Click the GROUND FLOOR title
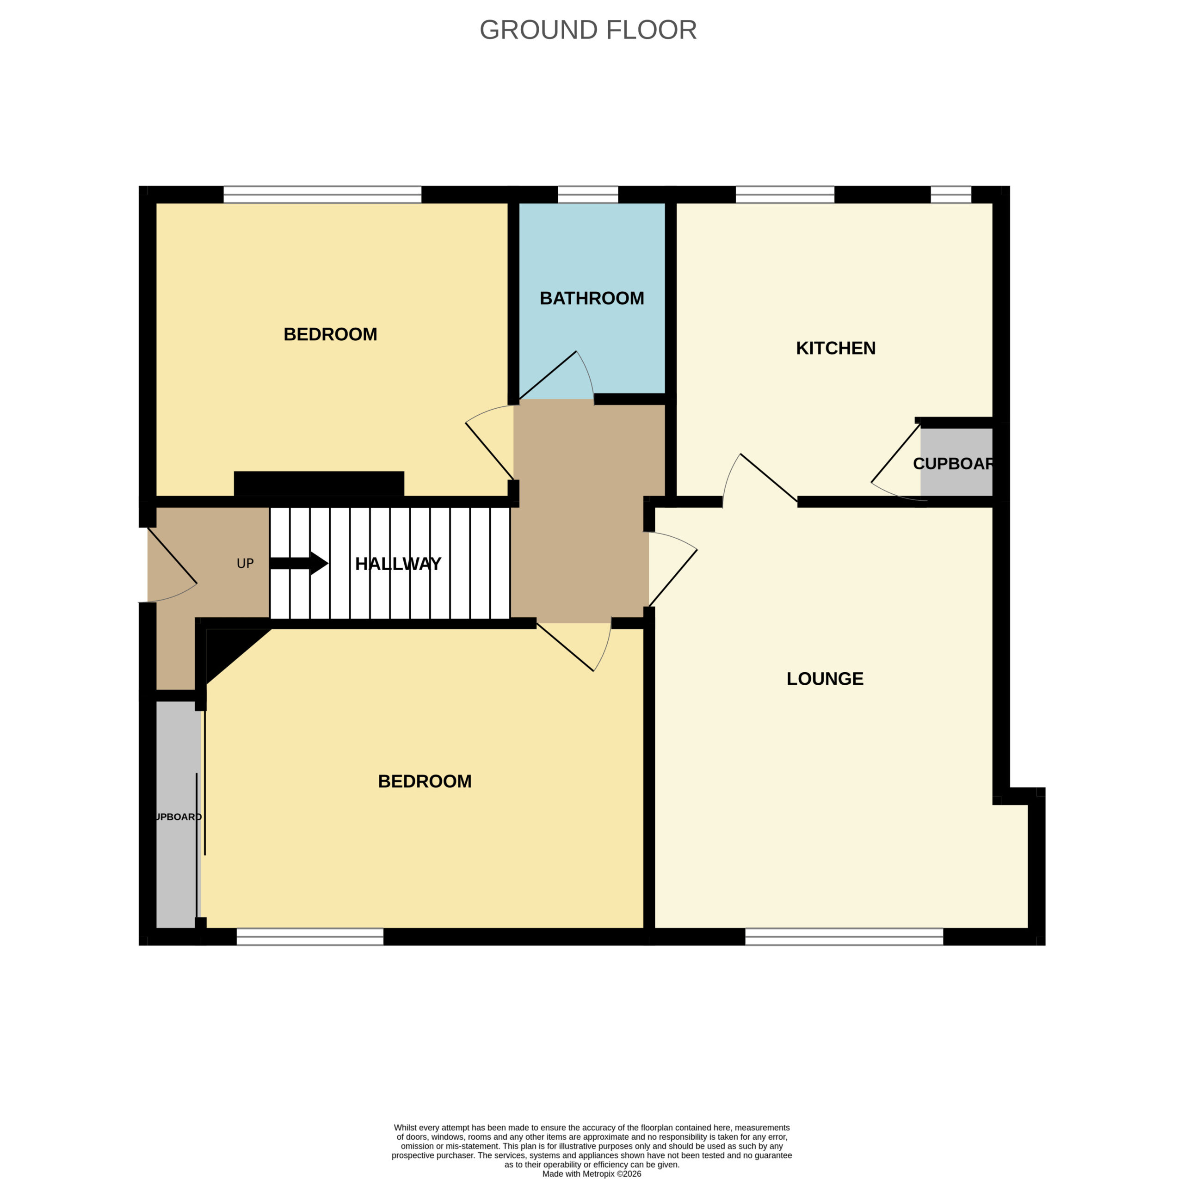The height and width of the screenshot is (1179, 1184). [x=588, y=30]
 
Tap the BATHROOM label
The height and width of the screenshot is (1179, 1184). [x=592, y=298]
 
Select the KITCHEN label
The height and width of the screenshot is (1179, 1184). [x=835, y=348]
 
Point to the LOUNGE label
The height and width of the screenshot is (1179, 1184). [x=825, y=678]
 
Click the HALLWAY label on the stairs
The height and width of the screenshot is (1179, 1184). [x=398, y=564]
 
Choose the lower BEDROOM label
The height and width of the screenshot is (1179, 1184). [x=425, y=781]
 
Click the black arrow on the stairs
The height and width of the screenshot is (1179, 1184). [x=299, y=564]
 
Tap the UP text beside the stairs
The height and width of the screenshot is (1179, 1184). [x=245, y=564]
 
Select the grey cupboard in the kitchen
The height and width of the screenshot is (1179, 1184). [x=956, y=461]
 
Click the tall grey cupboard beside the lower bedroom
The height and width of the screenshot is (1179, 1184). [x=178, y=814]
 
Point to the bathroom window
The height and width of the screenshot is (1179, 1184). [x=588, y=194]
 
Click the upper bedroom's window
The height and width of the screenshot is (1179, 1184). [x=322, y=194]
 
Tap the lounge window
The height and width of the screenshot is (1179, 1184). [x=844, y=936]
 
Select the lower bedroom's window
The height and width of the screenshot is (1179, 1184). [x=310, y=936]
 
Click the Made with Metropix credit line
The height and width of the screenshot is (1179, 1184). [x=592, y=1174]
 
